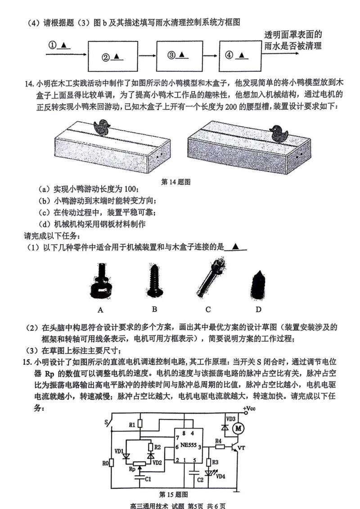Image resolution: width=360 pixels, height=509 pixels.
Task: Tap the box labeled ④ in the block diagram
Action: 238,55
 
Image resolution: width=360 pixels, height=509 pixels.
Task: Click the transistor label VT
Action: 242,449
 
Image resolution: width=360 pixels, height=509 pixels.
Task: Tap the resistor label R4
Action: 219,441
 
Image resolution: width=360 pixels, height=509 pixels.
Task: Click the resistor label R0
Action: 105,463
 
